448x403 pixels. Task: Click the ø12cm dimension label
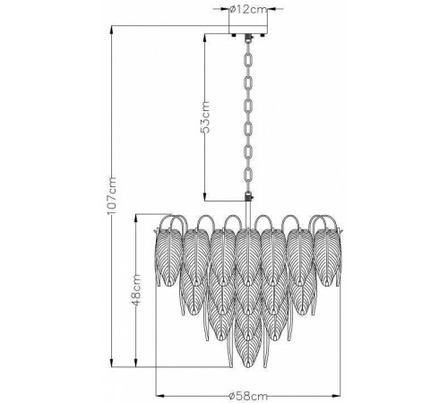[x=248, y=9]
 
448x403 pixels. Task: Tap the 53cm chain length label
[x=205, y=116]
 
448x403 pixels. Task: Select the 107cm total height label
[x=111, y=195]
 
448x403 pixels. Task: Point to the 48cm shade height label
[x=135, y=290]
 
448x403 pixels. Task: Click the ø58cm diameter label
[x=248, y=396]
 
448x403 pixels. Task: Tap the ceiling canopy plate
[x=248, y=30]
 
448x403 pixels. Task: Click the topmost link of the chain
[x=248, y=60]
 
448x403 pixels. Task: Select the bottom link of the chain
[x=248, y=176]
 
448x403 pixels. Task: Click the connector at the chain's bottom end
[x=248, y=197]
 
